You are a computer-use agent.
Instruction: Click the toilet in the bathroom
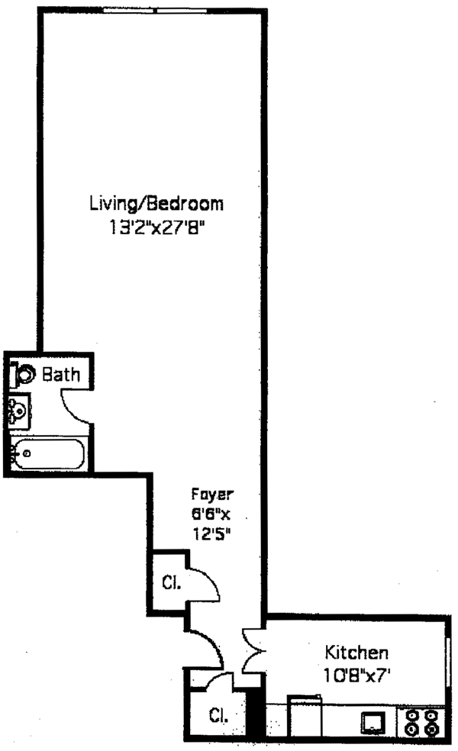click(x=24, y=375)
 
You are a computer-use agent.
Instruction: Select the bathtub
click(x=48, y=454)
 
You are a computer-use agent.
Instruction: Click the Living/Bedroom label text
click(x=156, y=204)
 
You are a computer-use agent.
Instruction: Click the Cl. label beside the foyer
click(x=171, y=583)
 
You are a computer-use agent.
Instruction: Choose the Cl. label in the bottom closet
click(x=218, y=717)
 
